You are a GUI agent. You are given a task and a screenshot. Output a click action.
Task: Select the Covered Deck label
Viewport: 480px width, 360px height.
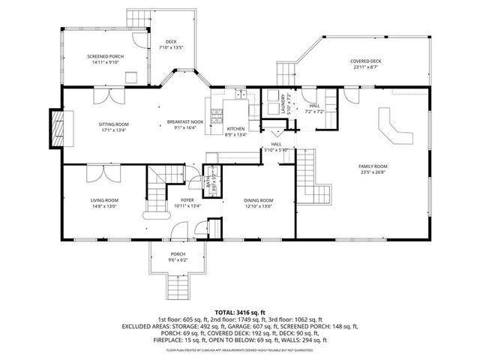(366, 63)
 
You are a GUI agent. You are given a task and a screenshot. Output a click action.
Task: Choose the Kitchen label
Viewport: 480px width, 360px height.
(235, 132)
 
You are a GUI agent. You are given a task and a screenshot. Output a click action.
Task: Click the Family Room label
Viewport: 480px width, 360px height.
(372, 169)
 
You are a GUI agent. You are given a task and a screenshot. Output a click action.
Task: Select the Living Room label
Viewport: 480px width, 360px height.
(105, 202)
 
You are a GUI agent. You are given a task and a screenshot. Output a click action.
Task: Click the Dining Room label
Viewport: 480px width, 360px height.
(258, 202)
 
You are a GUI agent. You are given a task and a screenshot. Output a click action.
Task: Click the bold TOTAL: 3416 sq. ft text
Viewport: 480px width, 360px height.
(240, 312)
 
